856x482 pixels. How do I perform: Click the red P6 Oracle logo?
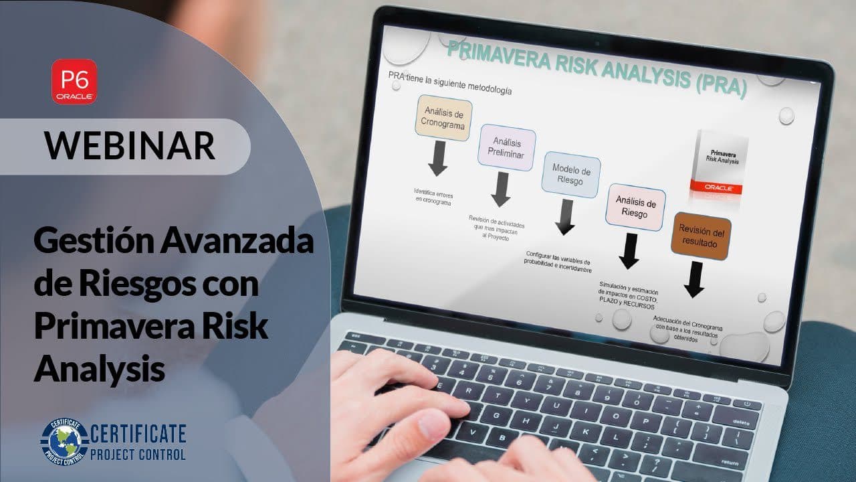[x=75, y=81]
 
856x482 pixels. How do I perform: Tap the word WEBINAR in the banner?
[x=130, y=145]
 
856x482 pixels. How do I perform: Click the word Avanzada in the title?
[x=236, y=242]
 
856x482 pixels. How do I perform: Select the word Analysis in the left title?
[x=100, y=369]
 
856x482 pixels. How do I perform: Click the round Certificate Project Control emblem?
[x=64, y=441]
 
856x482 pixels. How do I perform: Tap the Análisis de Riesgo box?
[x=635, y=207]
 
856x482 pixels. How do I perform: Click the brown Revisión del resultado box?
[x=700, y=236]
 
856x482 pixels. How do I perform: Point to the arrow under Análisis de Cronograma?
[x=438, y=158]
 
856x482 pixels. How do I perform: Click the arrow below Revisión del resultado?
[x=695, y=279]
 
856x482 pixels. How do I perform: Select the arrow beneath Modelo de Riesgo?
[x=566, y=217]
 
